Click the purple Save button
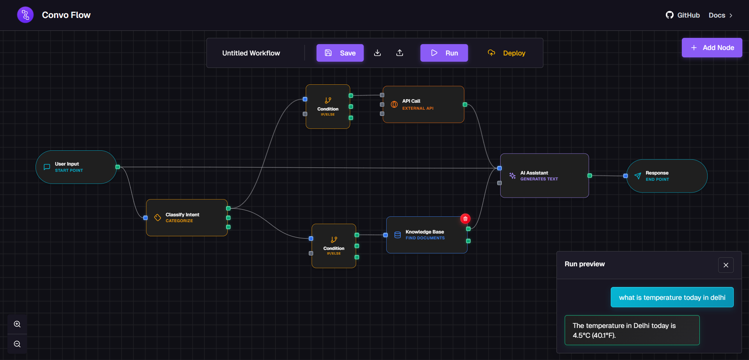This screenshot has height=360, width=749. [x=340, y=53]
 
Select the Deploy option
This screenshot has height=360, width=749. [x=506, y=53]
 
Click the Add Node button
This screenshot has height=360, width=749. [x=712, y=48]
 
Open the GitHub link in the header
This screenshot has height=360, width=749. [x=683, y=15]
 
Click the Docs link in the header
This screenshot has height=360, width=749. [x=720, y=15]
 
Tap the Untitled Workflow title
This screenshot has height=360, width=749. [x=251, y=53]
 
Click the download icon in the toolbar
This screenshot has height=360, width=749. [x=377, y=53]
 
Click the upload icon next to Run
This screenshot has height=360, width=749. [x=399, y=53]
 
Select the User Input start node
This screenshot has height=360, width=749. [x=76, y=167]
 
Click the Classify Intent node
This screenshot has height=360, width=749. [x=187, y=217]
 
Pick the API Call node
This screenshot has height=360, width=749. [x=423, y=105]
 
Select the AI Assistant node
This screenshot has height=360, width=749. [x=544, y=176]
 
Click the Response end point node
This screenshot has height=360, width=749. [x=667, y=176]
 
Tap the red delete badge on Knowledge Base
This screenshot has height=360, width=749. [x=465, y=219]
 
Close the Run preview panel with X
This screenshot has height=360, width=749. [x=726, y=265]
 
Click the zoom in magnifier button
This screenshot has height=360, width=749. [x=17, y=324]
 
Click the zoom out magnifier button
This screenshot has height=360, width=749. [x=17, y=344]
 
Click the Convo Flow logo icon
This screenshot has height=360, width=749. [x=25, y=15]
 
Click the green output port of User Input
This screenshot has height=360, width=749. [x=118, y=167]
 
